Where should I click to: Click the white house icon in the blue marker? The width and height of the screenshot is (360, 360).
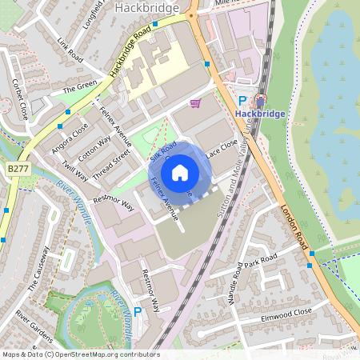coord(180,172)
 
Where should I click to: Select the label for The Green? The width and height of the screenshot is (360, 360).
coord(79,86)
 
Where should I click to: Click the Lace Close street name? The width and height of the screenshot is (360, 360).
coord(222,149)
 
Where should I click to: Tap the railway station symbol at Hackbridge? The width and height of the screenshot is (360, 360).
coord(260,101)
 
